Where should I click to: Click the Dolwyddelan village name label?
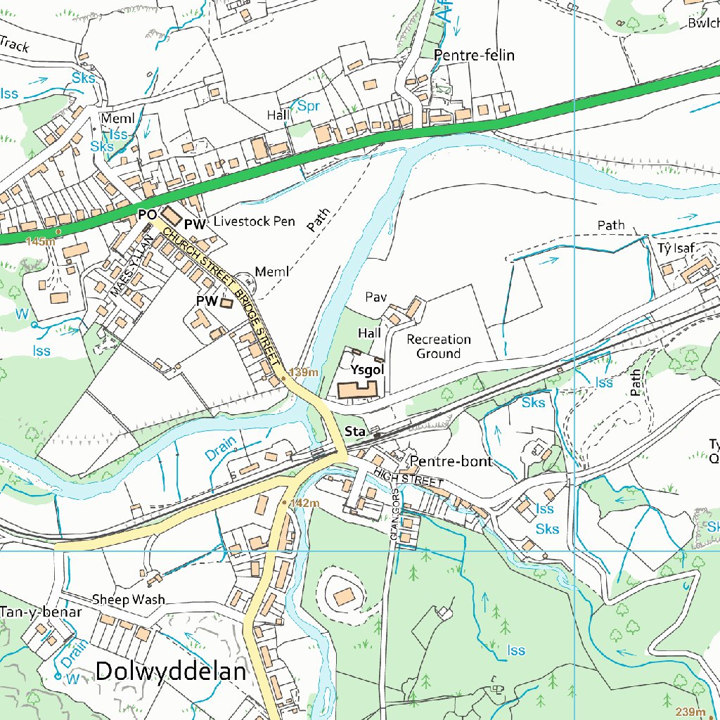171,671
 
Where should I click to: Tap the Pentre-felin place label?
475,55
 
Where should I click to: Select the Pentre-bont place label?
451,462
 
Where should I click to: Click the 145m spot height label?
39,241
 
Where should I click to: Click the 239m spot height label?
690,711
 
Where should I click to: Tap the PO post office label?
147,213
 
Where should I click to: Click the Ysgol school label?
367,369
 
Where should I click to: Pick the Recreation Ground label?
439,347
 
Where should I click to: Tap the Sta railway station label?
355,431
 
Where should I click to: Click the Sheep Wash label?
129,600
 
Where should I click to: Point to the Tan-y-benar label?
41,612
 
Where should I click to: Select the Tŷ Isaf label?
676,247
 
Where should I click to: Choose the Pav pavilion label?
376,297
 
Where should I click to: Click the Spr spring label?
309,106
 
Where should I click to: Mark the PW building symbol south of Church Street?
226,303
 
